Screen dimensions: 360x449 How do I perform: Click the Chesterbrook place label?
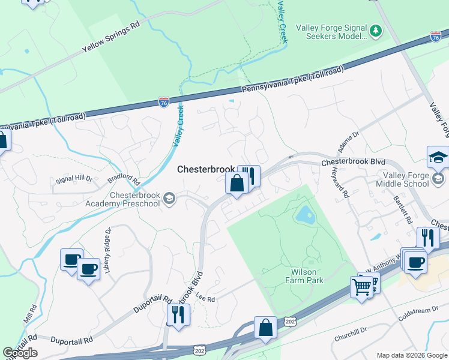click(x=206, y=170)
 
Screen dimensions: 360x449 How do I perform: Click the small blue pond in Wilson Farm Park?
click(x=304, y=214)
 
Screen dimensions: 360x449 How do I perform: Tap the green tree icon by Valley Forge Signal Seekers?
click(x=376, y=30)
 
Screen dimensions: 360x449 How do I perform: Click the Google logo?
click(x=20, y=353)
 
